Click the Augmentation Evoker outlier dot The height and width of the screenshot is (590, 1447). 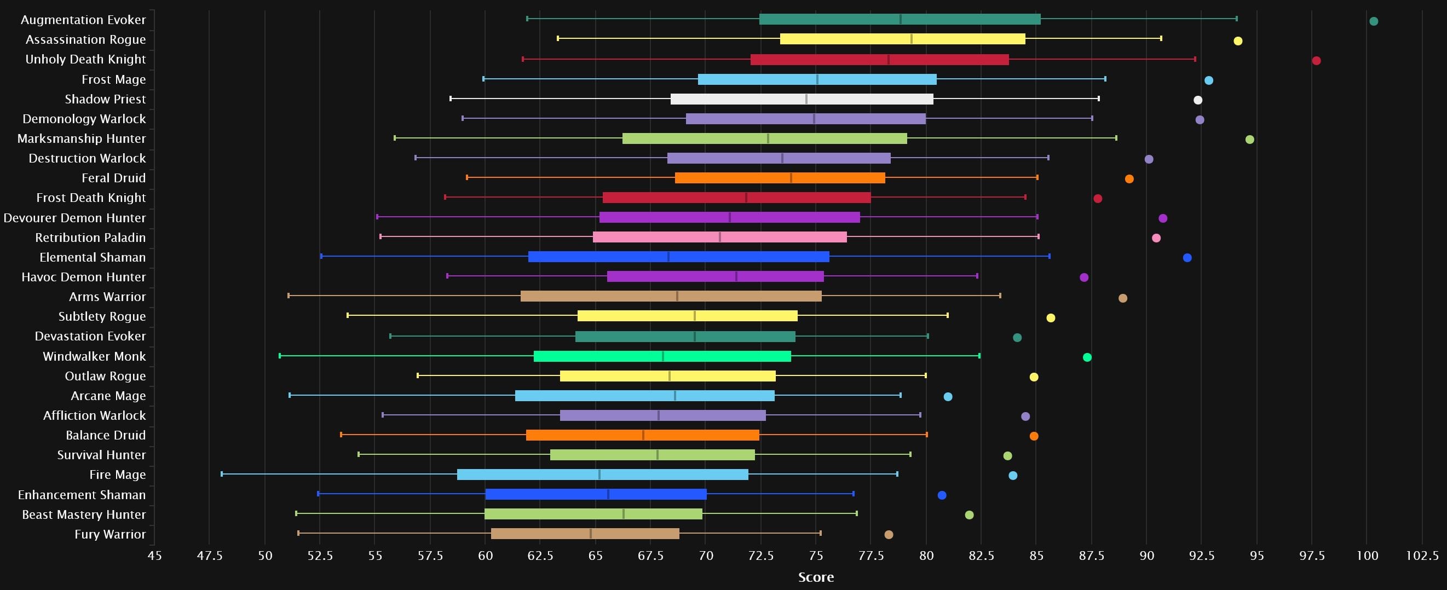[x=1374, y=21]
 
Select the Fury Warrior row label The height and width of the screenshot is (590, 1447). [x=110, y=534]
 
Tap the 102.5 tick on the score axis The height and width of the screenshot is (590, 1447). [x=1422, y=556]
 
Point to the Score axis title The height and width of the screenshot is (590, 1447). [x=816, y=577]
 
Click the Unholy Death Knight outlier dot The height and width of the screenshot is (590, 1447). [x=1316, y=61]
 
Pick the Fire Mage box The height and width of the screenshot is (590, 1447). [x=602, y=475]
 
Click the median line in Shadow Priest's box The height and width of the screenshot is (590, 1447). [x=806, y=100]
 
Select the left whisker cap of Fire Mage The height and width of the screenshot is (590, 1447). [x=222, y=475]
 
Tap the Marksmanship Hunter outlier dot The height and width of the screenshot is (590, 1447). [x=1249, y=140]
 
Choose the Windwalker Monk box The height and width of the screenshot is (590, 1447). [x=662, y=356]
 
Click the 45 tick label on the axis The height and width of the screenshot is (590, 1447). [x=154, y=556]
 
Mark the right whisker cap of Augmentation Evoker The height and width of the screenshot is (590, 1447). [x=1236, y=19]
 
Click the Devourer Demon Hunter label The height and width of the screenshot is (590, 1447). [x=74, y=218]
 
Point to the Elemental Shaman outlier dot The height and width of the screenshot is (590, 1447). [x=1187, y=258]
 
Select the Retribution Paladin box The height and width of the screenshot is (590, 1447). [x=719, y=238]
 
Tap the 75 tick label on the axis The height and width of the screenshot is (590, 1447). [x=816, y=556]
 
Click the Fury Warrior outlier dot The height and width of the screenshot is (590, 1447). [x=888, y=534]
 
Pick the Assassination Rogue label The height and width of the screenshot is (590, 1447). [x=85, y=40]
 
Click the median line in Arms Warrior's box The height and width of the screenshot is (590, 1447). [x=677, y=297]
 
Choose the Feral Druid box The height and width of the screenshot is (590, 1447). [x=780, y=178]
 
